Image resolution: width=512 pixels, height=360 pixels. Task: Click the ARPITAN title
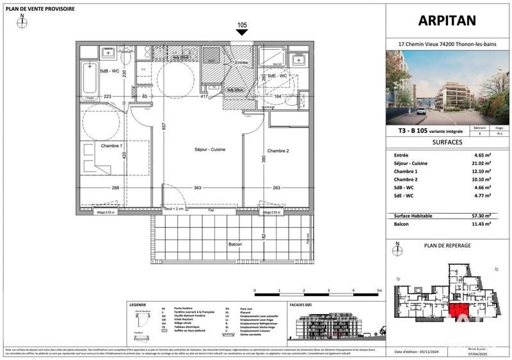tap(448, 20)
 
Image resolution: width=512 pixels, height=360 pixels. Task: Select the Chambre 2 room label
tap(279, 150)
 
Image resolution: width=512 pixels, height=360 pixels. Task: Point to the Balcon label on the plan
tap(235, 245)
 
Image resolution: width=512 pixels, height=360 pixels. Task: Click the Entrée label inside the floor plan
tap(241, 63)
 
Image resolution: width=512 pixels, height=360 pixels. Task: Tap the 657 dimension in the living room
tap(164, 127)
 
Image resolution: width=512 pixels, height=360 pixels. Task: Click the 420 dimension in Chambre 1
tap(125, 155)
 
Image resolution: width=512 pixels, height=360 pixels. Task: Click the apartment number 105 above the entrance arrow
tap(241, 26)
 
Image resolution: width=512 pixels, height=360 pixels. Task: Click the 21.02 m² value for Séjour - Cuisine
tap(481, 163)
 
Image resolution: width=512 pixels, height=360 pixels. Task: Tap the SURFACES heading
tap(448, 142)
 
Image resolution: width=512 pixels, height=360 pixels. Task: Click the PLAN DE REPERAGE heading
tap(448, 245)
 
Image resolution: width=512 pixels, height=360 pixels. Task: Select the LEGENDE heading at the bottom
tap(138, 305)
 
